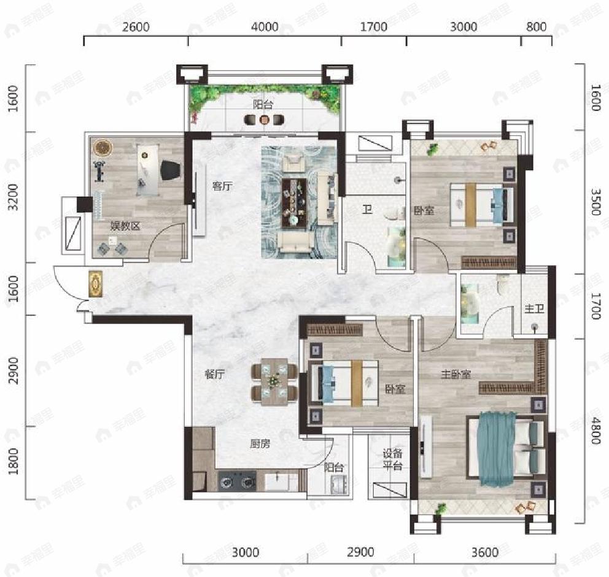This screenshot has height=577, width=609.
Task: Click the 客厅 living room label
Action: tap(222, 186)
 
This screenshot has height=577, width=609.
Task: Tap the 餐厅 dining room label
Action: tap(214, 375)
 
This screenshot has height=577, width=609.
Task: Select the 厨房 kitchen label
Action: tap(260, 443)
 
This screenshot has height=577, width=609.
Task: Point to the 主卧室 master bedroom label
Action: tap(456, 375)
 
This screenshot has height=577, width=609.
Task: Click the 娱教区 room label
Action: tap(125, 226)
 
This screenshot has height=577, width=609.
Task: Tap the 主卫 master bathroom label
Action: tap(534, 308)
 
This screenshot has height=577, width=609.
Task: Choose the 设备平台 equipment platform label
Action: tap(392, 459)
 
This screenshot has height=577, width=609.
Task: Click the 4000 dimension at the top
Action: tap(265, 27)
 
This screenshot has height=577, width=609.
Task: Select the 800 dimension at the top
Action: tap(537, 26)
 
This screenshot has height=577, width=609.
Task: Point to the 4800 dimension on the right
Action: tap(595, 430)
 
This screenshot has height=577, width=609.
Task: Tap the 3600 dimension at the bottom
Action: tap(485, 552)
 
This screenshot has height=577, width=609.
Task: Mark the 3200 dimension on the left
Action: tap(14, 197)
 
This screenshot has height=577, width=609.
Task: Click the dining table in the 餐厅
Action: tap(274, 381)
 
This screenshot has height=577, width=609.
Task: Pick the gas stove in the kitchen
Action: tap(238, 482)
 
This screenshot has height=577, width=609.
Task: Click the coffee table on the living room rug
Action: tap(294, 204)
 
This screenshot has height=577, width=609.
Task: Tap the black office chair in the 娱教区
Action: tap(171, 170)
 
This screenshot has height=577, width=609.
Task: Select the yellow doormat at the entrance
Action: tap(96, 284)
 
